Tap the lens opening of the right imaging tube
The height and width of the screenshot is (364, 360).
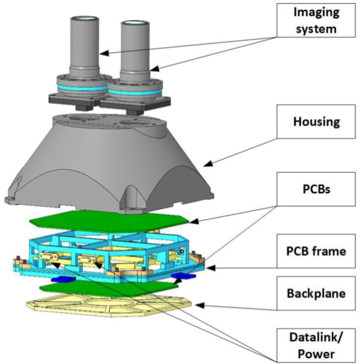[x=132, y=23]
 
